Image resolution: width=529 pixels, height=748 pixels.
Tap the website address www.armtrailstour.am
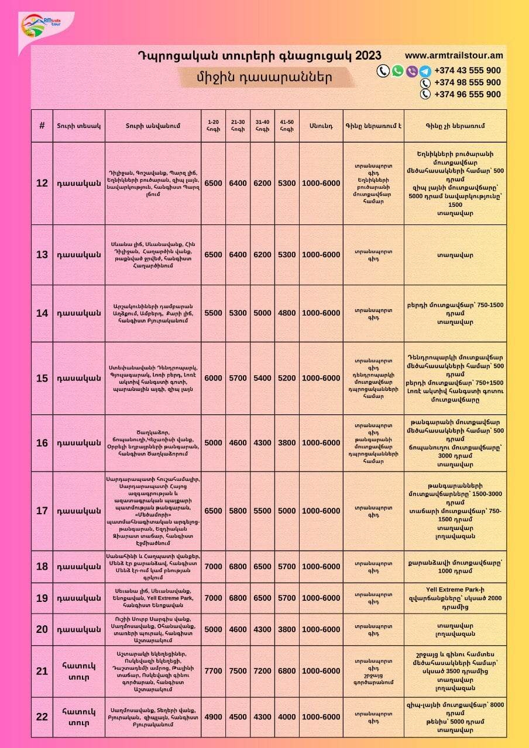point(454,56)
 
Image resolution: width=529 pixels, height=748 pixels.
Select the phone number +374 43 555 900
point(467,71)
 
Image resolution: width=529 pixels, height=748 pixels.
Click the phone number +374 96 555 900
point(467,94)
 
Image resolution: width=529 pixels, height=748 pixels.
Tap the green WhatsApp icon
point(397,71)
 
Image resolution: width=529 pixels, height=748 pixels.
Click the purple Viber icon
point(411,71)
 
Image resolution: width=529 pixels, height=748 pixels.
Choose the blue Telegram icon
point(425,71)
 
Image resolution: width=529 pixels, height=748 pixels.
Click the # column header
point(42,126)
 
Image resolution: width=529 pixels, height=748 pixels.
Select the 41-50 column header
point(287,126)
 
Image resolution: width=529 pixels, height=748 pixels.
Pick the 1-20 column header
point(213,126)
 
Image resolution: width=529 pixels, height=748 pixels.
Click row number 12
point(42,183)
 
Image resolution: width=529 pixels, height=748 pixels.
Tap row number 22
point(42,717)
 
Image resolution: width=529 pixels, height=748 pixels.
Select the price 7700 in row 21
point(213,671)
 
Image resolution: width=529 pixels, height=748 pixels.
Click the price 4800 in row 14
point(287,313)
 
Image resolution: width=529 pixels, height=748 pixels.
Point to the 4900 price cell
point(213,717)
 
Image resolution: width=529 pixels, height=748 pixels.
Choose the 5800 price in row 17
point(238,511)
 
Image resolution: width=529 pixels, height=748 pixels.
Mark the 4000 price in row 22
point(287,717)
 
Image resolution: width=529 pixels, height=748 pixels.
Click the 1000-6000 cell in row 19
point(321,598)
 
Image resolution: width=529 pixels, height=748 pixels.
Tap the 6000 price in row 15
point(213,378)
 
